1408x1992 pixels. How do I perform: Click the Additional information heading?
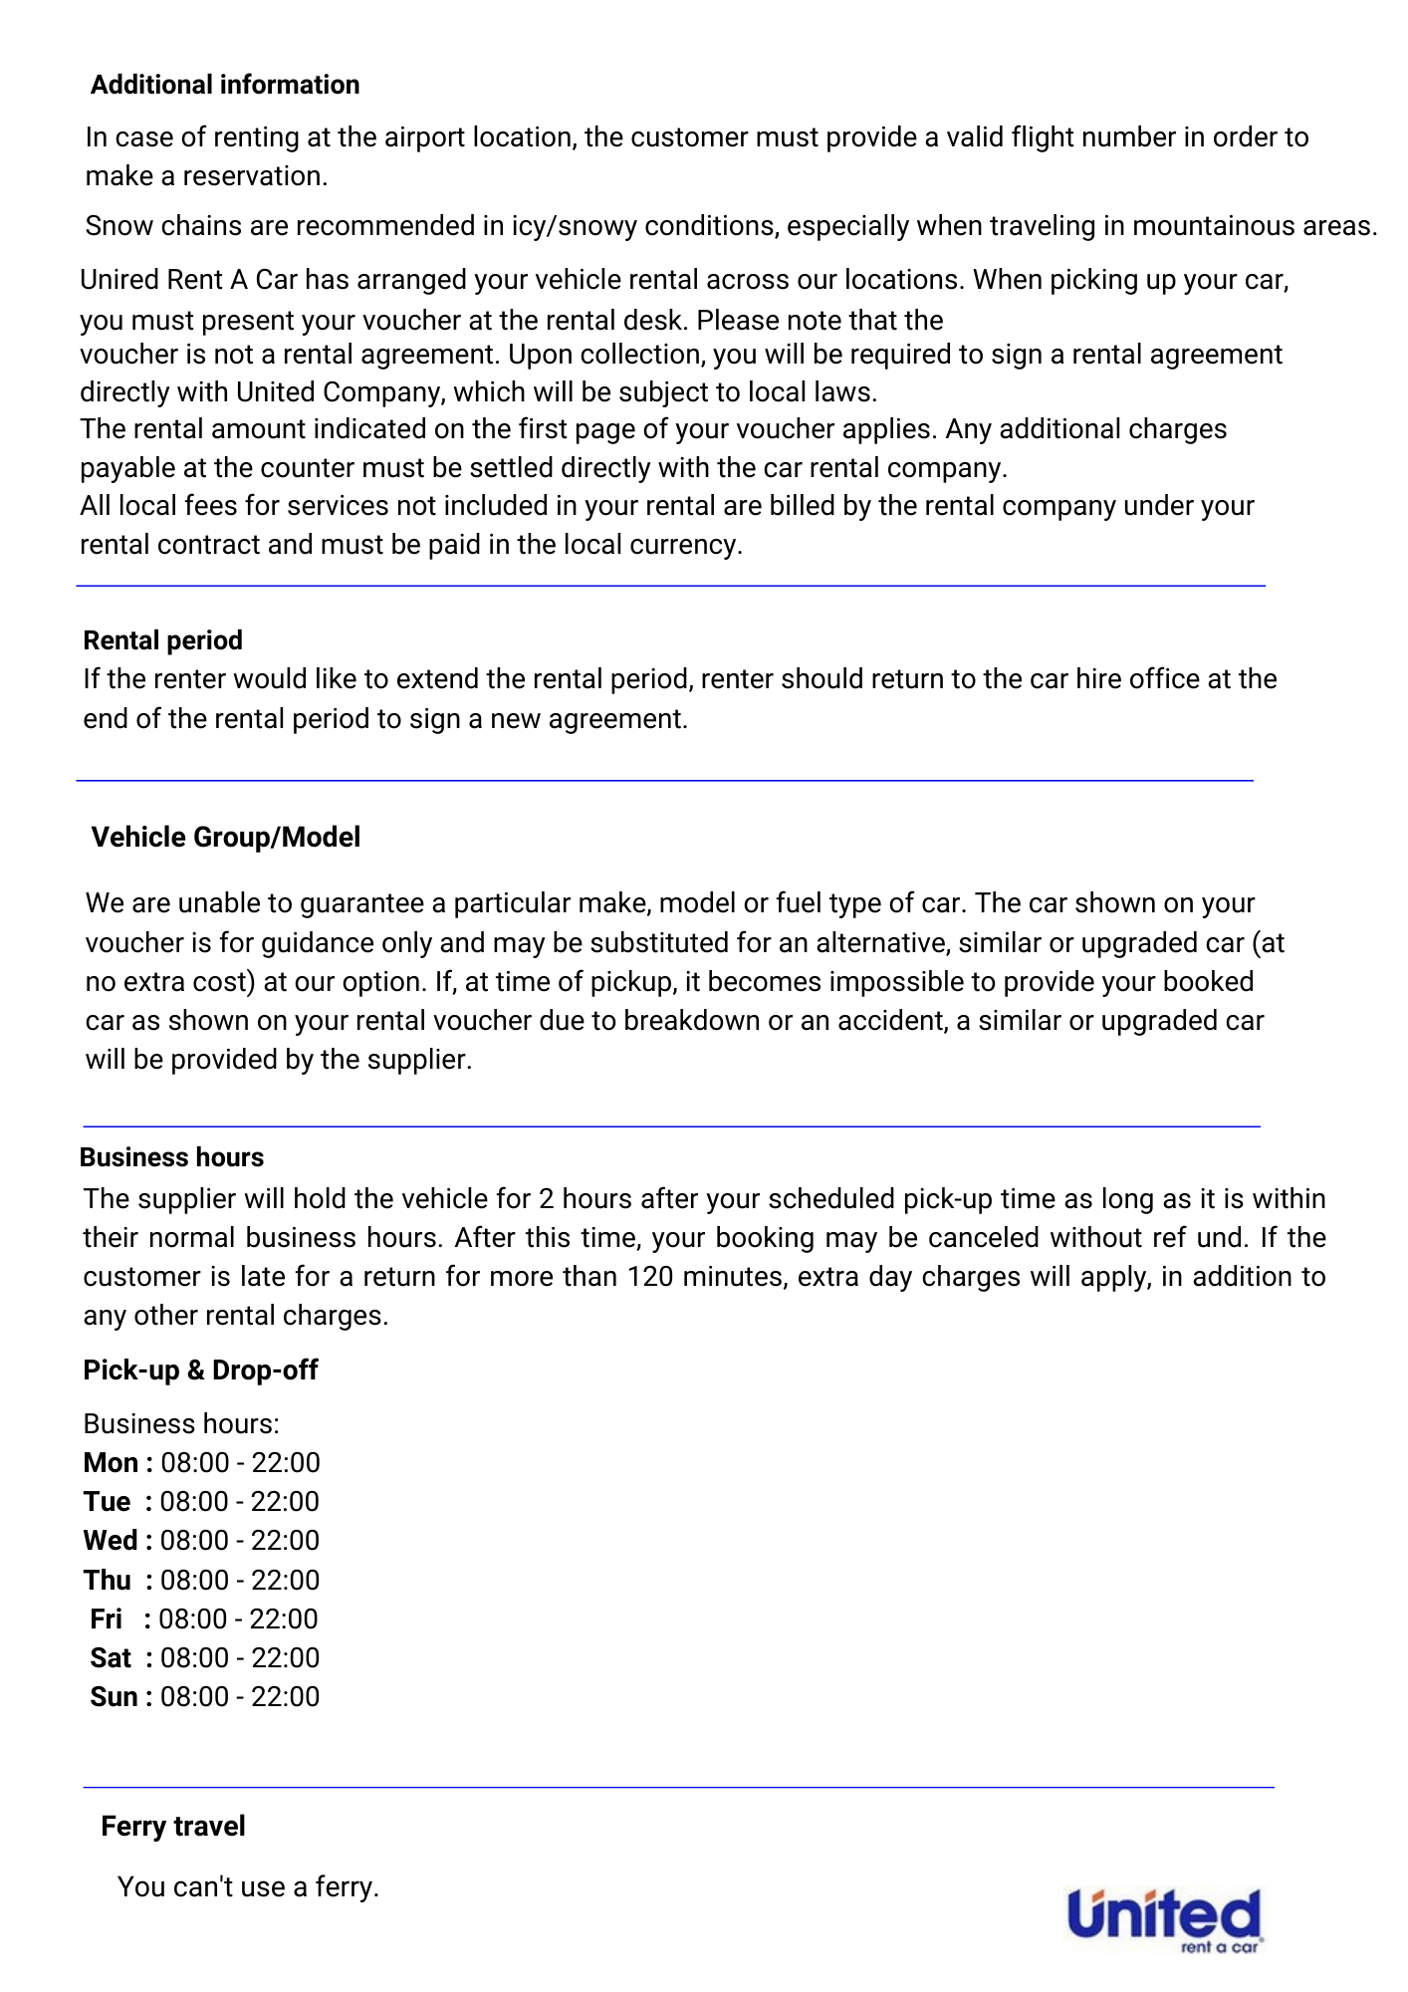click(225, 85)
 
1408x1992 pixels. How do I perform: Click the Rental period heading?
click(163, 640)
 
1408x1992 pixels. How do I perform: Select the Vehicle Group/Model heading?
click(226, 837)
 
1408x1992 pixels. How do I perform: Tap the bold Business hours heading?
click(171, 1157)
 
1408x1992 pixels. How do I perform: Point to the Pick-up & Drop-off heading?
click(200, 1370)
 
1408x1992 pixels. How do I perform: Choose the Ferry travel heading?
click(173, 1826)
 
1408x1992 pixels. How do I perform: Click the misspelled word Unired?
click(116, 280)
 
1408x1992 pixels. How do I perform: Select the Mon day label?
click(111, 1463)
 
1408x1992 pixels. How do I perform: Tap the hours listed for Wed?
click(240, 1541)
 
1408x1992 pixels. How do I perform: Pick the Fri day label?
click(106, 1619)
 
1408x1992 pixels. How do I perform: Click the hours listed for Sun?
click(240, 1697)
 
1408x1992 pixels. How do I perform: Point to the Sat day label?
click(110, 1658)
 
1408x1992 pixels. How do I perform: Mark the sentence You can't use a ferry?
click(248, 1887)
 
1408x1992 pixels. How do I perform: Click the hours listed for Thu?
click(240, 1581)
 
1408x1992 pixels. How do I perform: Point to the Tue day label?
click(108, 1502)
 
